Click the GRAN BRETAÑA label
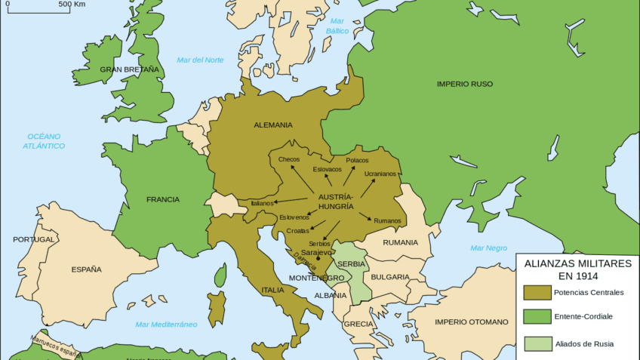click(130, 69)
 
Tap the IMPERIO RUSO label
click(464, 84)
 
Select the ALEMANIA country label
click(274, 125)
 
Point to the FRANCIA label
click(163, 199)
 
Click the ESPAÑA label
click(86, 269)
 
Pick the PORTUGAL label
click(34, 239)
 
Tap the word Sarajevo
click(316, 252)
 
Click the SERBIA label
click(352, 263)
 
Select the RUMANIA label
click(400, 242)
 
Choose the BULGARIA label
click(389, 277)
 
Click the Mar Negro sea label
click(488, 248)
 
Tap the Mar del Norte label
click(200, 60)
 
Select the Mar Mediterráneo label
click(166, 325)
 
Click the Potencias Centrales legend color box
click(537, 292)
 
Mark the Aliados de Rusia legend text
click(583, 344)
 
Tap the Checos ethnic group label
click(289, 159)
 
